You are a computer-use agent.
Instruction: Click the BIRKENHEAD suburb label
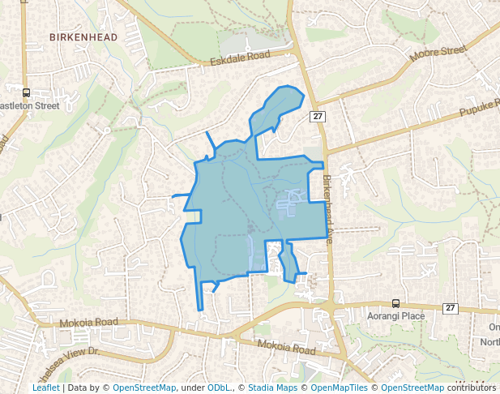(83, 37)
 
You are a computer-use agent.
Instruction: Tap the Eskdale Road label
(239, 59)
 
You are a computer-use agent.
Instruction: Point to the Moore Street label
(439, 54)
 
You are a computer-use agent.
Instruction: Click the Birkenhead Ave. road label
(331, 207)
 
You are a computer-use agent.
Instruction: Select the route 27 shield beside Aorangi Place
(451, 308)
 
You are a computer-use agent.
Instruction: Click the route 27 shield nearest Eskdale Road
(318, 118)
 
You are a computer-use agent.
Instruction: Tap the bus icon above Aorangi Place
(395, 302)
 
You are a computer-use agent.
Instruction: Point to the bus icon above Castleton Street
(26, 92)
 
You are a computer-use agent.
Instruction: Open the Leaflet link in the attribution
(45, 388)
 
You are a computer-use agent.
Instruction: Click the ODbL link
(219, 388)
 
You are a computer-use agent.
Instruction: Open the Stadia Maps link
(272, 388)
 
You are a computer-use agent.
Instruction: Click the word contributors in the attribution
(472, 388)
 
